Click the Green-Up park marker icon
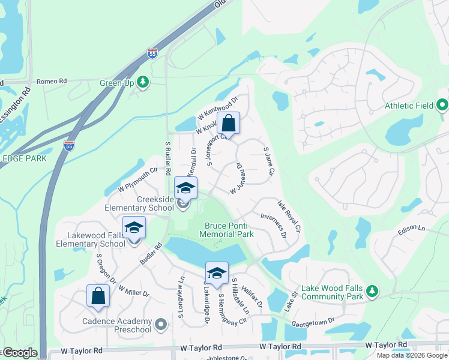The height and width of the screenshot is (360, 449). click(x=143, y=81)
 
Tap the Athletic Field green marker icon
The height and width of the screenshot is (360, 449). click(x=443, y=106)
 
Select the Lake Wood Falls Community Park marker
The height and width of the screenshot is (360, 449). click(x=372, y=292)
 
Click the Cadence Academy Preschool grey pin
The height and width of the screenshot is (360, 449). click(x=160, y=325)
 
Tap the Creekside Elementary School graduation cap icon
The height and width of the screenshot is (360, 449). click(x=185, y=188)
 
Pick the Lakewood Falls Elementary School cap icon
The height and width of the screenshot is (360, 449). click(x=134, y=228)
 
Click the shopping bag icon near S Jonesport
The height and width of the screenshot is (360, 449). click(x=228, y=124)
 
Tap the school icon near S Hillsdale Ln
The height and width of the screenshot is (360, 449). click(x=217, y=274)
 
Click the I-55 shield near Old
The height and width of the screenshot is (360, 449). click(x=153, y=53)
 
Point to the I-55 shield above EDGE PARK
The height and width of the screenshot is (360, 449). click(x=70, y=145)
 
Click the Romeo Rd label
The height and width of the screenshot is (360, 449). click(x=51, y=81)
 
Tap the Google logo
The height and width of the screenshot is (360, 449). click(x=20, y=353)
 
